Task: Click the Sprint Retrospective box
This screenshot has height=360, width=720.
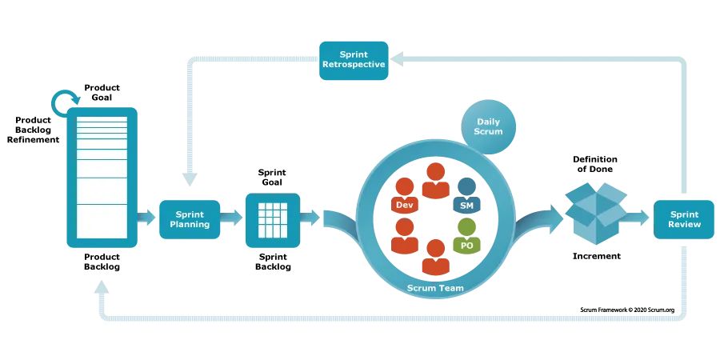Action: tap(354, 60)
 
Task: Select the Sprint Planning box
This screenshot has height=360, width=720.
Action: tap(190, 219)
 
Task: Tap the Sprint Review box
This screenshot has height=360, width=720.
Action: tap(685, 219)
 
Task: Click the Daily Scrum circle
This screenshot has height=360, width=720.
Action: tap(489, 126)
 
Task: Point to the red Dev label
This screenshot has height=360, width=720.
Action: tap(405, 206)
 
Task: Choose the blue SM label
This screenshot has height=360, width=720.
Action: tap(466, 206)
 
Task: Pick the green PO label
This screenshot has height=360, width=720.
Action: tap(466, 246)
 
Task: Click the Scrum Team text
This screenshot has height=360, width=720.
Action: tap(435, 288)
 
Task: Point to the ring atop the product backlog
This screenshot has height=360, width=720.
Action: tap(65, 102)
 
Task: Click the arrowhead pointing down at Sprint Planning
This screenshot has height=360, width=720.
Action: tap(186, 181)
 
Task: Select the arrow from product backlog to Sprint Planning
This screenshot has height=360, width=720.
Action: tap(147, 218)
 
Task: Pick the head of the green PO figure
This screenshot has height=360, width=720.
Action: tap(466, 227)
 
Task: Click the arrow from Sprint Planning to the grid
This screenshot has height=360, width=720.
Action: tap(232, 218)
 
